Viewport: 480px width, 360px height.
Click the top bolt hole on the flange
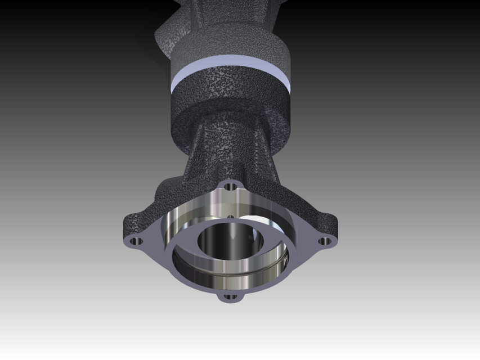pos(230,186)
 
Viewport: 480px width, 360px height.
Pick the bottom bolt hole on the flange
pos(230,296)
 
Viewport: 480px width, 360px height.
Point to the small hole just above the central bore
pos(230,217)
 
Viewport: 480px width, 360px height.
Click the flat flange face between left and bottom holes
pos(174,276)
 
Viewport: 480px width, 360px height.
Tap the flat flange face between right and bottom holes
pos(284,276)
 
